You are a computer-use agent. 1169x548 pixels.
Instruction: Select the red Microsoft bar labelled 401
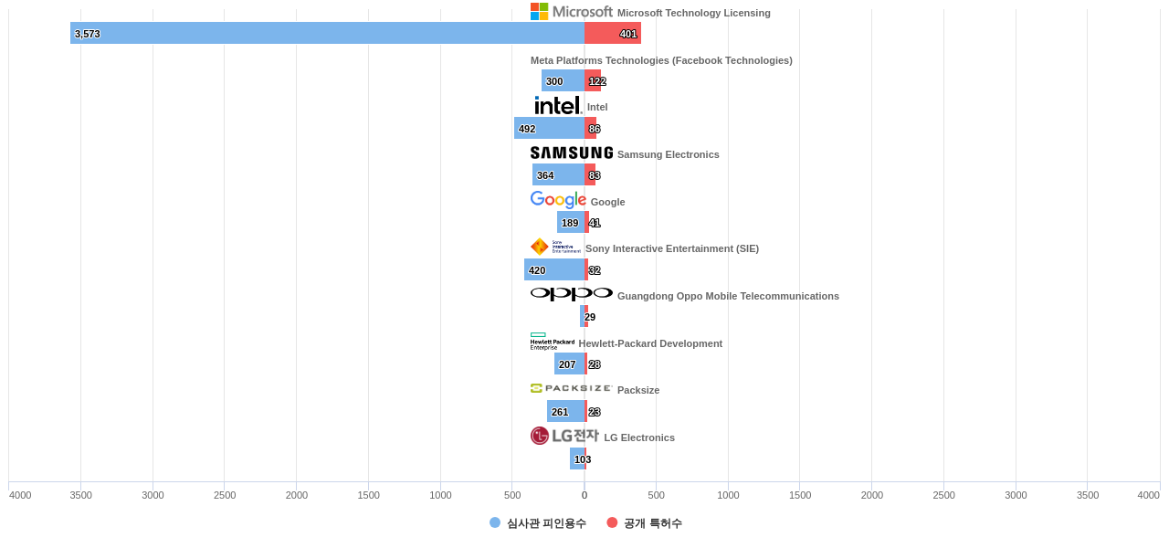point(613,33)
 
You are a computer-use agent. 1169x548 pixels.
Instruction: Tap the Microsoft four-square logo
point(540,11)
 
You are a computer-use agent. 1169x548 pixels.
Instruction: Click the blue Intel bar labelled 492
point(549,128)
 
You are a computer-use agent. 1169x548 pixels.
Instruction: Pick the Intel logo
point(557,105)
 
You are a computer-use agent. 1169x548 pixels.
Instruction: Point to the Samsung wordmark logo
point(572,153)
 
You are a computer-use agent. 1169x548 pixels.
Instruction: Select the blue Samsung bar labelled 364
point(558,174)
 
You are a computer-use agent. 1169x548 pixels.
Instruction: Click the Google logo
point(558,200)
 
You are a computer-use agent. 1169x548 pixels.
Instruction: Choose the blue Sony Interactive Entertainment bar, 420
point(553,269)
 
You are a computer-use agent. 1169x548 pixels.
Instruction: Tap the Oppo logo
point(572,294)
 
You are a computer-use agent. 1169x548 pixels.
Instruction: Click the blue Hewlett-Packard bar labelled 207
point(569,364)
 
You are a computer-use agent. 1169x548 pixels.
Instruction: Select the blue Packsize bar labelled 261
point(565,411)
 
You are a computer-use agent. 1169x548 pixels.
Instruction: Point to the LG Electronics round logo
point(540,436)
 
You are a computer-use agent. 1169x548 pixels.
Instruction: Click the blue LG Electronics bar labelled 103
point(576,458)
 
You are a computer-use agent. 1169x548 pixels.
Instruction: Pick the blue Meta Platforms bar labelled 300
point(563,80)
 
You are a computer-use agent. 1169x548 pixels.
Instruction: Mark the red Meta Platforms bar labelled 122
point(593,80)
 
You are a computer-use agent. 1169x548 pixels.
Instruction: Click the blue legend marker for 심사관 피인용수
point(495,522)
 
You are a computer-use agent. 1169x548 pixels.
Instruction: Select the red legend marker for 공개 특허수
point(612,522)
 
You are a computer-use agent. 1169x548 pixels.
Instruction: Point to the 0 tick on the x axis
point(584,495)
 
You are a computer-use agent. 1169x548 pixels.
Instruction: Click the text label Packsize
point(638,390)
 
